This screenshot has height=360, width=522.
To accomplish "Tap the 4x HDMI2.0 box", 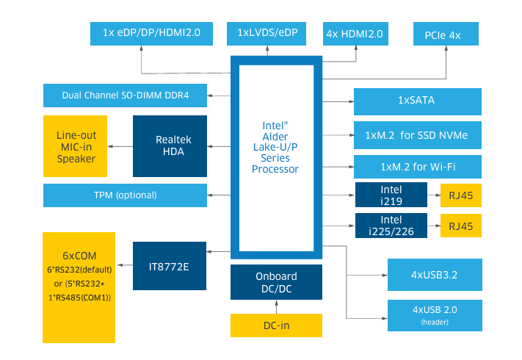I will pos(357,33).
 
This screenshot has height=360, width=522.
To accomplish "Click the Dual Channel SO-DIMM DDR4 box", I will pos(126,96).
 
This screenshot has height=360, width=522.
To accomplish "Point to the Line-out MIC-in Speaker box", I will pos(76,146).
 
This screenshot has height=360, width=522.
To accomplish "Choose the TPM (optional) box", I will pos(126,195).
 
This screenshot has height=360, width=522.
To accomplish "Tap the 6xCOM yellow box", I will pos(79,287).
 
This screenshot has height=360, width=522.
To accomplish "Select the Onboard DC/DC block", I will pos(276,282).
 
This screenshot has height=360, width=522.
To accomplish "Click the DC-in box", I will pos(276,325).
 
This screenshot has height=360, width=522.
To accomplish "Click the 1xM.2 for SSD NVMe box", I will pos(417,135).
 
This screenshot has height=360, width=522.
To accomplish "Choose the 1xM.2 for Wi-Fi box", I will pos(417,166).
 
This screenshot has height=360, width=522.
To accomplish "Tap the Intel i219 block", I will pos(391,195).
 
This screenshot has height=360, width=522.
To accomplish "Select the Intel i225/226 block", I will pos(391,224).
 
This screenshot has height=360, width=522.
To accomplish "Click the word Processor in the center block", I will pos(275,169).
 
